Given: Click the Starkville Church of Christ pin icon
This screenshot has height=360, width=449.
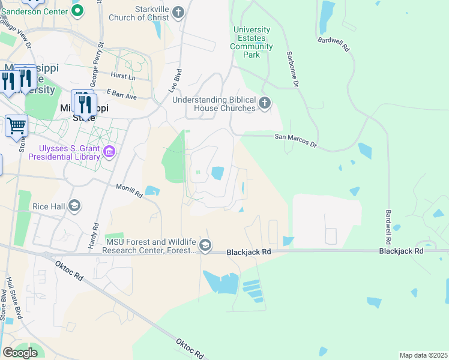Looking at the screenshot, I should (x=178, y=11).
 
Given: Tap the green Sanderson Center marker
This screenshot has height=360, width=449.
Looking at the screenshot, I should (x=77, y=10).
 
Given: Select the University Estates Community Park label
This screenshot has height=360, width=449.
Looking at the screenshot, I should (x=252, y=42).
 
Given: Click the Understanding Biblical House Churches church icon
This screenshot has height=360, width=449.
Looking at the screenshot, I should (x=265, y=104).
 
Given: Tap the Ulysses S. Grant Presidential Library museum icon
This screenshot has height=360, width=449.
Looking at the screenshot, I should (x=109, y=152).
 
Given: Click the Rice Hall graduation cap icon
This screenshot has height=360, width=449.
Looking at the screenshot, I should (x=74, y=206).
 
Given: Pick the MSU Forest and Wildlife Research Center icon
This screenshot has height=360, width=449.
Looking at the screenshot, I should (x=205, y=245).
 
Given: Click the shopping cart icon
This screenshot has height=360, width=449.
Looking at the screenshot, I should (x=16, y=126).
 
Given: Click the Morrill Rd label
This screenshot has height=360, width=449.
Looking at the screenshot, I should (x=129, y=191).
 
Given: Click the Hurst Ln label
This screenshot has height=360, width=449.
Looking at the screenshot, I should (x=123, y=76).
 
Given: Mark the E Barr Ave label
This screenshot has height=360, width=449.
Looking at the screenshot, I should (x=122, y=95).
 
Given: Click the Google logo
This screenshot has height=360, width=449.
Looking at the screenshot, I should (x=20, y=352).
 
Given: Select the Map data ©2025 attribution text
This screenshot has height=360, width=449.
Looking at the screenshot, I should (x=423, y=355).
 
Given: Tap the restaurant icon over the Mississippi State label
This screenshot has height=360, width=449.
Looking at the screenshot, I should (x=84, y=104).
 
